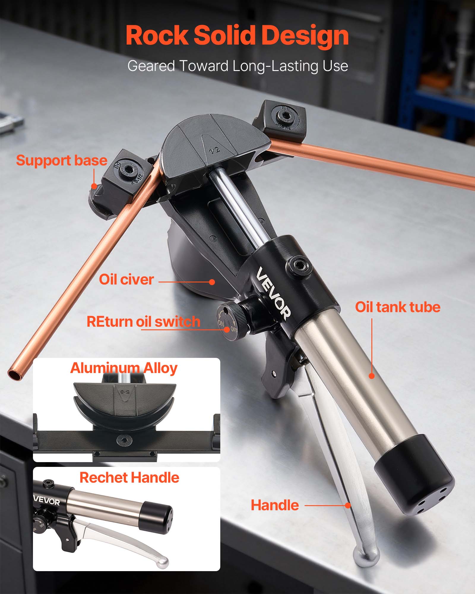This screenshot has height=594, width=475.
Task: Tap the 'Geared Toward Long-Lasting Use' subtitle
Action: click(x=237, y=66)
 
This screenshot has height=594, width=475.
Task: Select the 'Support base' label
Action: click(x=61, y=160)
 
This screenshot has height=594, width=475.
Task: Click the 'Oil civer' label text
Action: click(x=126, y=279)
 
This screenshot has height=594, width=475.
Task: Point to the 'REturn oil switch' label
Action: click(x=143, y=322)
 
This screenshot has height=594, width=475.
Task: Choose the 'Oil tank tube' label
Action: click(x=398, y=307)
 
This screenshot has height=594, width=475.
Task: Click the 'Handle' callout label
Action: click(x=275, y=505)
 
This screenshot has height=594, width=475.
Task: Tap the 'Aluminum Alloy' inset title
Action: click(x=124, y=368)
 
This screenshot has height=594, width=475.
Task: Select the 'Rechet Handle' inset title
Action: click(x=129, y=478)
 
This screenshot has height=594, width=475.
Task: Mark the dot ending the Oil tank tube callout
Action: click(x=372, y=376)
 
